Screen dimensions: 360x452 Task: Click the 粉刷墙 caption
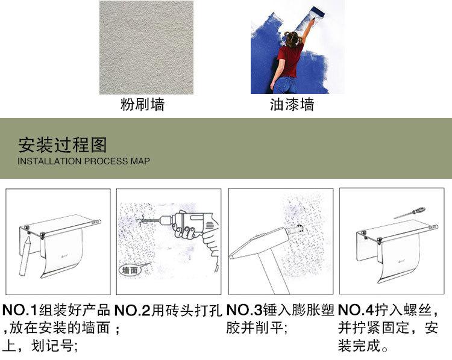(142, 105)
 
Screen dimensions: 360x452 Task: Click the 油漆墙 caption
(292, 105)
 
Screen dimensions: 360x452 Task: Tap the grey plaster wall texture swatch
(146, 47)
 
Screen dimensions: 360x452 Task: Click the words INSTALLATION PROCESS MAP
(84, 162)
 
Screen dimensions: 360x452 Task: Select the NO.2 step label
(132, 311)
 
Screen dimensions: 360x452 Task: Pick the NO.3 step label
(244, 311)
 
